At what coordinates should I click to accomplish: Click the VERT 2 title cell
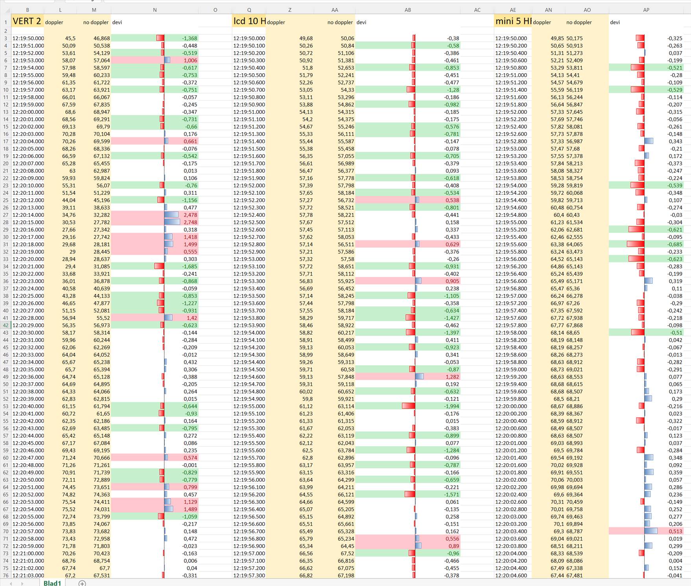pos(27,21)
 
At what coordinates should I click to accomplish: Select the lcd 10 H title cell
pos(249,21)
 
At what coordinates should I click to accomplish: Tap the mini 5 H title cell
pos(513,21)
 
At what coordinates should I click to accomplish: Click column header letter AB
pos(407,10)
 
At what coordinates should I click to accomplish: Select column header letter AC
pos(477,10)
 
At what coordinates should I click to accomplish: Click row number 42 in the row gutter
pos(6,325)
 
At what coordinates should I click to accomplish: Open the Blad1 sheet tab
pos(52,583)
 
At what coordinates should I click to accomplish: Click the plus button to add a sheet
pos(82,583)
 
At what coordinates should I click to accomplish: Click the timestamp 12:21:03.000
pos(28,575)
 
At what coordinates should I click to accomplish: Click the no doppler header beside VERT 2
pos(96,22)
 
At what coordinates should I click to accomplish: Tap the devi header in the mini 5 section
pos(615,22)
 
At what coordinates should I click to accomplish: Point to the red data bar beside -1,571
pos(410,494)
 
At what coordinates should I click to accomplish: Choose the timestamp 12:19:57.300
pos(249,575)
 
